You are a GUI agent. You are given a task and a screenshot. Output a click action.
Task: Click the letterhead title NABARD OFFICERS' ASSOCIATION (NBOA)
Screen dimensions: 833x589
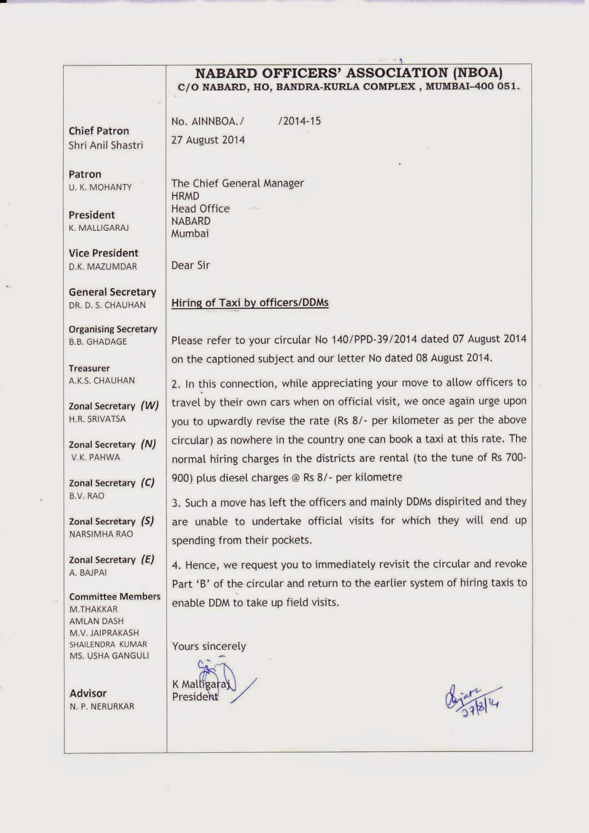coord(349,73)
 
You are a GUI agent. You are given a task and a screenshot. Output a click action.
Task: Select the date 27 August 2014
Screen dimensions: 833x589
coord(208,140)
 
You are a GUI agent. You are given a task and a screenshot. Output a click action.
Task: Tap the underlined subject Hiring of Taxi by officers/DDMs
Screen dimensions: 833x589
coord(250,302)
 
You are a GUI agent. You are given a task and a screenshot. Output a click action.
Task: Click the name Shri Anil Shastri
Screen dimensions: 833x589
coord(106,145)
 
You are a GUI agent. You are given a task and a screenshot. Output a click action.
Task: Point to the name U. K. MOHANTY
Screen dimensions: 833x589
coord(100,187)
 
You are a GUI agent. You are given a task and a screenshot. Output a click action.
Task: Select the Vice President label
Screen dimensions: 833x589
coord(103,253)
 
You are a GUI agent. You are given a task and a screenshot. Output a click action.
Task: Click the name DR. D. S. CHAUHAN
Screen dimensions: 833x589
coord(107,305)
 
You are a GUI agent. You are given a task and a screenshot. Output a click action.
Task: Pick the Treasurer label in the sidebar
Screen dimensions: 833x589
coord(89,368)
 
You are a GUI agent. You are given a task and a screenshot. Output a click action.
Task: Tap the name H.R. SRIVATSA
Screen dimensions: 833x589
coord(97,419)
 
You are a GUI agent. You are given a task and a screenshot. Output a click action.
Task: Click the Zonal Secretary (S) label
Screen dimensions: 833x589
coord(111,521)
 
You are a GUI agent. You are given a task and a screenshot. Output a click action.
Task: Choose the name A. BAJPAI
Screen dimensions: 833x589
coord(87,572)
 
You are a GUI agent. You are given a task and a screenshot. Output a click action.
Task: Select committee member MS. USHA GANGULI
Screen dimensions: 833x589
coord(109,655)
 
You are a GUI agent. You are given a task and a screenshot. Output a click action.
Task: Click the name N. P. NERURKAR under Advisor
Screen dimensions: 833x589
coord(102,706)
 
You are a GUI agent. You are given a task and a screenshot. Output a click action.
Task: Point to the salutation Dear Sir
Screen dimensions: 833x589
coord(190,266)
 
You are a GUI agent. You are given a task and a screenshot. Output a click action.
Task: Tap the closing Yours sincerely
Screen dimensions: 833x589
coord(209,646)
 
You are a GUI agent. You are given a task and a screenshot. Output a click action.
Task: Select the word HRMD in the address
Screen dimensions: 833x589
coord(185,196)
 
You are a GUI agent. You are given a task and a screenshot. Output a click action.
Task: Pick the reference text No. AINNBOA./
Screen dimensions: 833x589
coord(208,121)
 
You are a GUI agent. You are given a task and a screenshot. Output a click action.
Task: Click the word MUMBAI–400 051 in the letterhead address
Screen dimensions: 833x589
coord(472,87)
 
